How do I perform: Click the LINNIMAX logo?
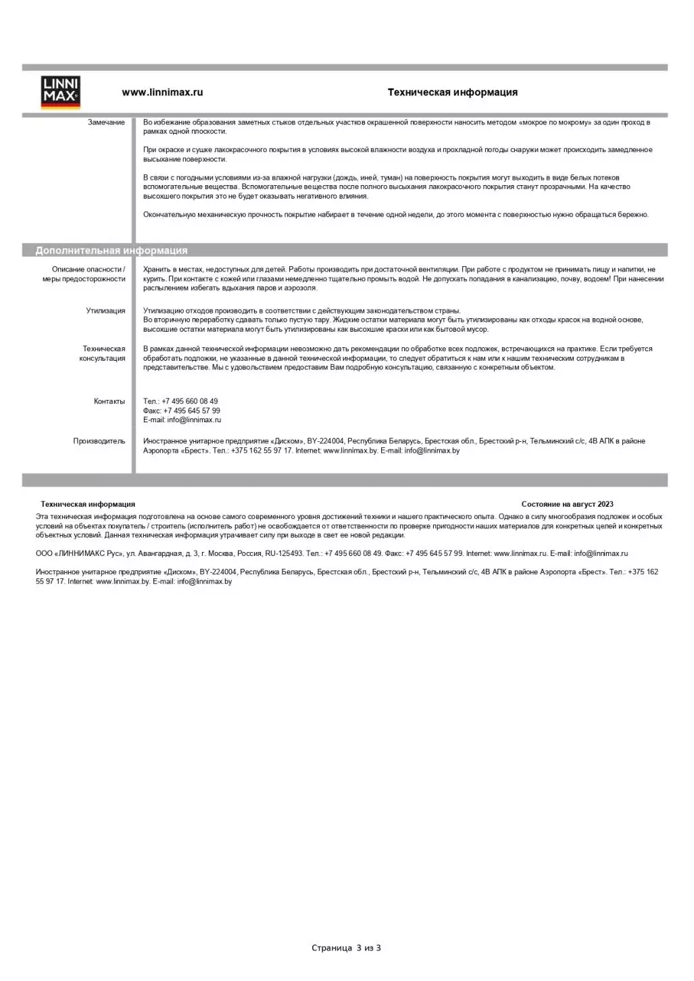61,93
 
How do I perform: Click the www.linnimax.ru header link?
162,93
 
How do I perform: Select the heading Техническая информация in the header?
452,93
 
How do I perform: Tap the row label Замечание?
106,122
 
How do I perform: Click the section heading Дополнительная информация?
111,251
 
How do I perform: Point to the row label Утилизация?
105,311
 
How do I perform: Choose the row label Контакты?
109,401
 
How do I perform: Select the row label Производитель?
99,441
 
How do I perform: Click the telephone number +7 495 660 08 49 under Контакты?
189,401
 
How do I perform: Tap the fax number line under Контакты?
181,411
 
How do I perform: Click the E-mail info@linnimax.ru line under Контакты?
182,420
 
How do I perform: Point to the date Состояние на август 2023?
567,504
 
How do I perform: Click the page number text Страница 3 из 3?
346,948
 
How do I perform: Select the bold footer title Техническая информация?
88,504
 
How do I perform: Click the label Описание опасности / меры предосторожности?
84,274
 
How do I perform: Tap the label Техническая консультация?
103,354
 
